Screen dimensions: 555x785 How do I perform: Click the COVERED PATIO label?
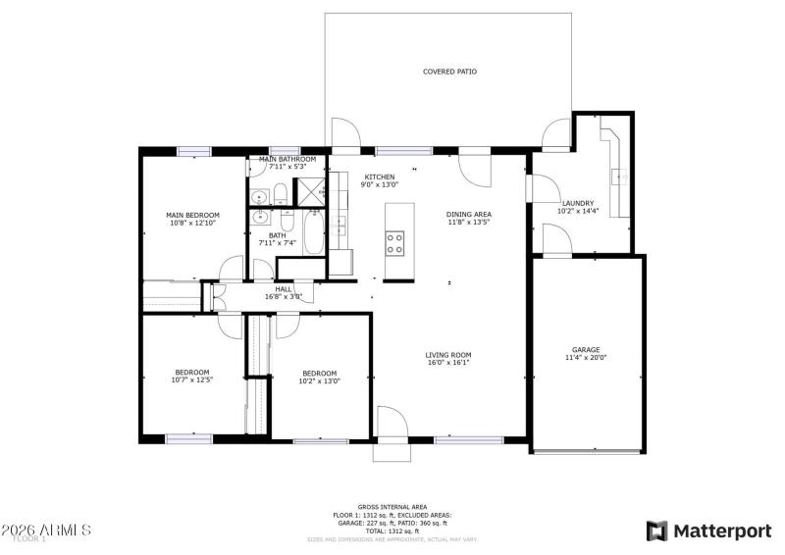tap(449, 72)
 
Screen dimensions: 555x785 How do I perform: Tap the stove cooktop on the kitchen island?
tap(394, 242)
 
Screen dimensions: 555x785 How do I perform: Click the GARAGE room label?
tap(586, 349)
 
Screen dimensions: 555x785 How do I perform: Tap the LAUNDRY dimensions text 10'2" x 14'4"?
tap(577, 212)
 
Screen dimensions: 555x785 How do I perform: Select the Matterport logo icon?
tap(655, 530)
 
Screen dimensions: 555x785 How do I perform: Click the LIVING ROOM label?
tap(448, 355)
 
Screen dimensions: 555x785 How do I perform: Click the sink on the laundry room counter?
tap(618, 177)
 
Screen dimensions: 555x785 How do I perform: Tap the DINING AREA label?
tap(468, 214)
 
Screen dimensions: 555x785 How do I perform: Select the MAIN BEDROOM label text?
tap(192, 215)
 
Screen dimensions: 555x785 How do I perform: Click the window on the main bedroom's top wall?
tap(193, 151)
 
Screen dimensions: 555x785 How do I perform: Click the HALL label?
tap(284, 289)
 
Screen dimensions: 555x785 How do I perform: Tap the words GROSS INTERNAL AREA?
tap(392, 507)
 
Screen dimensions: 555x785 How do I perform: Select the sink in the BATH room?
tap(261, 218)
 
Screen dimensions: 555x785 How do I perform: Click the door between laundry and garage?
tap(556, 239)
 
